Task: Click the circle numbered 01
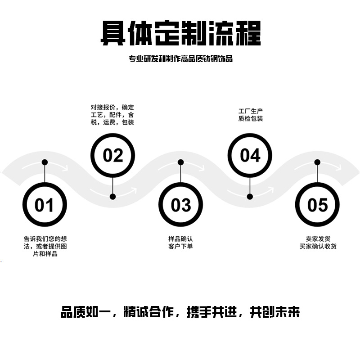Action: coord(45,205)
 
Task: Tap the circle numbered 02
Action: coord(112,156)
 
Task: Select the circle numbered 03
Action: coord(181,205)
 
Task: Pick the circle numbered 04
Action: coord(250,156)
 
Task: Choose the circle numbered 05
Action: coord(318,205)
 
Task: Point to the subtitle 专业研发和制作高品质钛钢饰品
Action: coord(180,58)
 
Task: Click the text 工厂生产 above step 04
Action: coord(251,111)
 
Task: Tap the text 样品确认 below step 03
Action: coord(180,238)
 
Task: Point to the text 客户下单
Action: coord(180,246)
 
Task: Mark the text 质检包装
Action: coord(251,118)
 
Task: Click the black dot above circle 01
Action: coord(45,162)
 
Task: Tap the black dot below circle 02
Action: coord(113,196)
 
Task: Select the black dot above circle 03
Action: coord(180,162)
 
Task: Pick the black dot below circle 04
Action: coord(250,196)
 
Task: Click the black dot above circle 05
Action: coord(317,162)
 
